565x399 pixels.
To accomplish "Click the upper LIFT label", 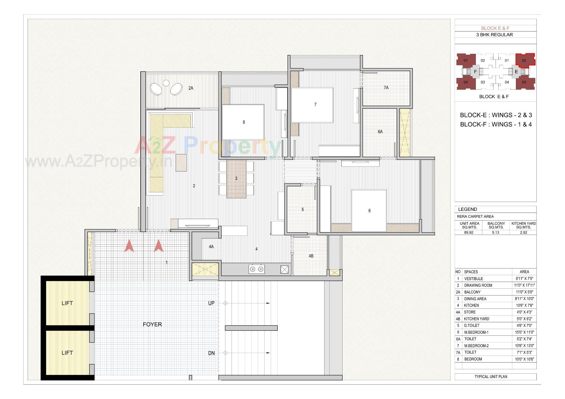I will tap(67, 303).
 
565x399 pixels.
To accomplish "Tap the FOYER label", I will tap(152, 324).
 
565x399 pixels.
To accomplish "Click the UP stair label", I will tap(211, 303).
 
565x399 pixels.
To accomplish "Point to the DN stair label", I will tap(211, 353).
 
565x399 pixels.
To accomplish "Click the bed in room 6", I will tap(369, 211).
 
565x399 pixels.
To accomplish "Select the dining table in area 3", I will tap(236, 179).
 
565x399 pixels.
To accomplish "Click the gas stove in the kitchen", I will tap(256, 269).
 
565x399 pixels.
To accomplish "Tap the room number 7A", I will tap(386, 88).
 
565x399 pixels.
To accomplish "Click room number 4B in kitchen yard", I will tap(311, 256).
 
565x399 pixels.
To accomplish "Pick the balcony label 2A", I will tap(191, 88).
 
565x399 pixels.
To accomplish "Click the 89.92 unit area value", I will tap(468, 232).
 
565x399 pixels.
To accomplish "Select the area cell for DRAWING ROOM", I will tap(524, 285).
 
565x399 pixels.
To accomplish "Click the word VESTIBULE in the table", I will tap(473, 279).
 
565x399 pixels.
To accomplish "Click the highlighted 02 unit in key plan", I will tap(524, 60).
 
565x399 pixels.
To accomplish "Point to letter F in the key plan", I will tap(475, 72).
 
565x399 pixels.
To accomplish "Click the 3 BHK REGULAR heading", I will tap(494, 35).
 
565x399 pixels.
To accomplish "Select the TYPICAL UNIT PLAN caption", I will tap(491, 377).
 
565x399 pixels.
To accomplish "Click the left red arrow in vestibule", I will tap(129, 246).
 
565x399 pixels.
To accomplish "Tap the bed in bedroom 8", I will tap(243, 122).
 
